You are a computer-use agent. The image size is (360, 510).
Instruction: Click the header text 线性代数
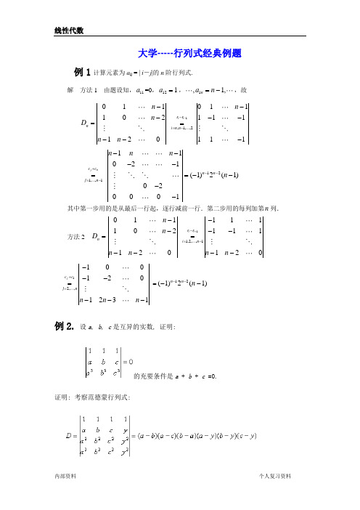(x=70, y=31)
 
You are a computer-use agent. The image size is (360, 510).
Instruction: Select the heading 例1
(x=81, y=73)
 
